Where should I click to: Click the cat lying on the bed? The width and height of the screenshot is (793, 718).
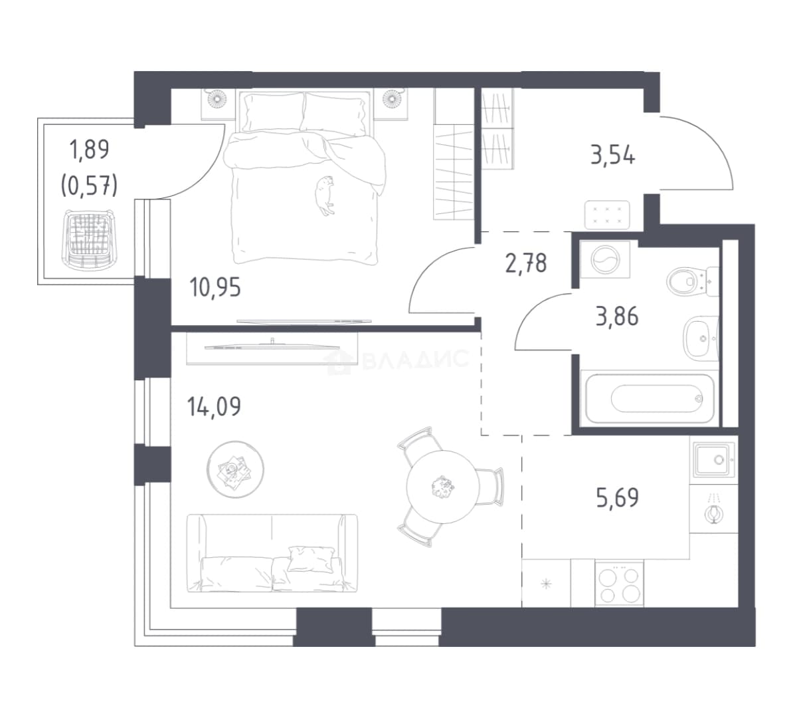(324, 195)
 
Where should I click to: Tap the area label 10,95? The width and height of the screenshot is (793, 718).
(215, 288)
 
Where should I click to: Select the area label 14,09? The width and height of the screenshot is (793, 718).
(214, 407)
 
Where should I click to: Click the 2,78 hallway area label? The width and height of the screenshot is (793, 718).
(526, 263)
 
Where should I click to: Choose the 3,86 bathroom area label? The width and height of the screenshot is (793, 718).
(617, 316)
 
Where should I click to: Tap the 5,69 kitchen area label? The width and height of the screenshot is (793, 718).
(618, 498)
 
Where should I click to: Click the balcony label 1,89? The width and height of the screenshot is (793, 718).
(89, 150)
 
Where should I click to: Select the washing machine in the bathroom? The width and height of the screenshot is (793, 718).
(605, 260)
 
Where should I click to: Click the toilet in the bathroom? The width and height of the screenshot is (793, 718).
(692, 281)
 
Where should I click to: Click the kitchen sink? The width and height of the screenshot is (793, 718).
(713, 459)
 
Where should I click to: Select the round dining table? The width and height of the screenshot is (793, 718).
(442, 487)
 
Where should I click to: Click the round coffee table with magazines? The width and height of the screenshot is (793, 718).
(235, 469)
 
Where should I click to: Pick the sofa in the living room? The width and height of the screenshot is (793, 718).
(272, 553)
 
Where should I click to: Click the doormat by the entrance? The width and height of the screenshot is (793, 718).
(607, 215)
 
